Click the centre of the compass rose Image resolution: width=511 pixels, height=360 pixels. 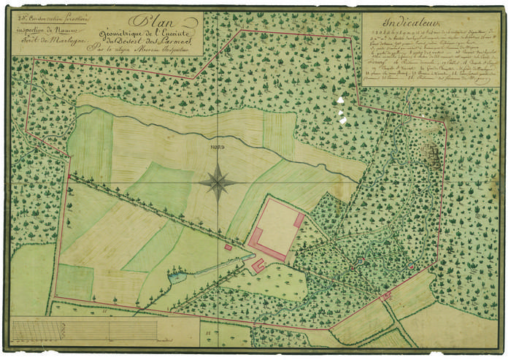pos(218,180)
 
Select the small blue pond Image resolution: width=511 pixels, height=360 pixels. pos(176,277)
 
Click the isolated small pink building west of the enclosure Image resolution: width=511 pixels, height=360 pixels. pos(228,248)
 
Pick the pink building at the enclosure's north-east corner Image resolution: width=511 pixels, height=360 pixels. pos(299,219)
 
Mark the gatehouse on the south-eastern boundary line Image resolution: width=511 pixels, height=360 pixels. pos(386,296)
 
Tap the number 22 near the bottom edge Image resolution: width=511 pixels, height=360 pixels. pos(210,332)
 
